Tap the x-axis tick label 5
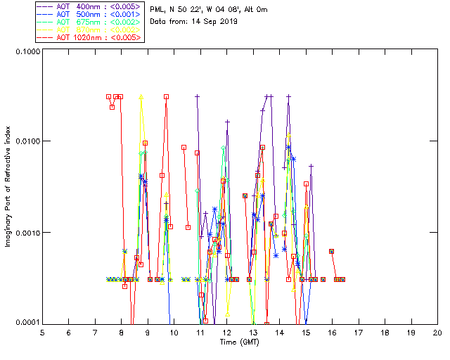pos(42,332)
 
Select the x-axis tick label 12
pos(226,332)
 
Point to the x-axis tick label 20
pos(437,332)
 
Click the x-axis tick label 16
pos(332,332)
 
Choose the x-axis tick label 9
pos(148,332)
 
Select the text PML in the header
pos(158,10)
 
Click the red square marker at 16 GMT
pos(331,251)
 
